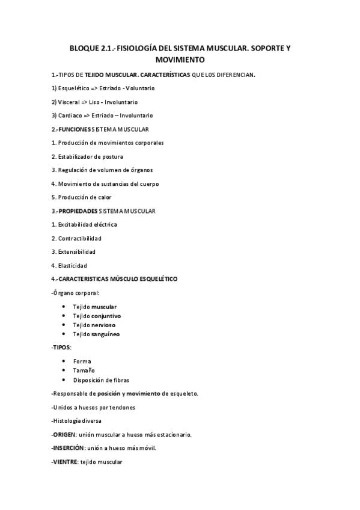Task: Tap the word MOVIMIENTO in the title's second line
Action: coord(180,60)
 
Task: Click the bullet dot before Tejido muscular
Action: coord(64,307)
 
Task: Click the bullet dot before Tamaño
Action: coord(64,370)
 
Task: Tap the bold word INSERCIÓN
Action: coord(68,449)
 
